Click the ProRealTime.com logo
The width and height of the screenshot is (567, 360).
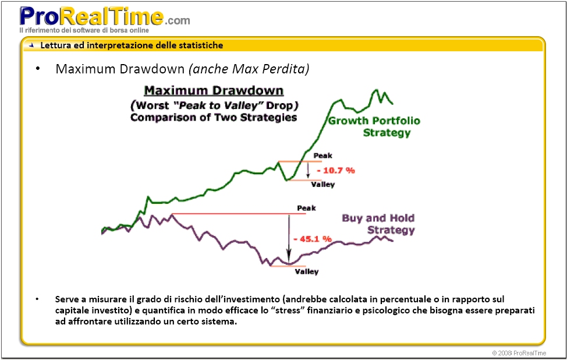coord(105,16)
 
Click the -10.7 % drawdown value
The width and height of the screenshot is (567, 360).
coord(336,171)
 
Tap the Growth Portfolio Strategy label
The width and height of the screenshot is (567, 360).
coord(374,126)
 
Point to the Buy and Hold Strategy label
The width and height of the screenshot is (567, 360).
coord(378,224)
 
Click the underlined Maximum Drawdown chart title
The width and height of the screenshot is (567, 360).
coord(214,91)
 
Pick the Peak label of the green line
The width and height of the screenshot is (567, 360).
coord(323,156)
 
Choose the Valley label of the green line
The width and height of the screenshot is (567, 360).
coord(323,185)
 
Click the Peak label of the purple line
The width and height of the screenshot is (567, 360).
coord(306,208)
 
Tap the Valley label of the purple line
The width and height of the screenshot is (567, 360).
coord(307,271)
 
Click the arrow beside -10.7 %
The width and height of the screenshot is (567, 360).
coord(308,170)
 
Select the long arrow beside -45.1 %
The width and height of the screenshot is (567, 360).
coord(288,239)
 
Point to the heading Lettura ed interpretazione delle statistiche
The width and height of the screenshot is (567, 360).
coord(132,45)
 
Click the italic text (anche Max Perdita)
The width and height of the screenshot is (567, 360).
coord(249,69)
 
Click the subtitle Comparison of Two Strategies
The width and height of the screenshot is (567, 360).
coord(214,117)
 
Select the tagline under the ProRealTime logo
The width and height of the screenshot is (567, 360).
coord(84,30)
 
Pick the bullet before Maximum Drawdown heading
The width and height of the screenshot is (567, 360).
coord(38,69)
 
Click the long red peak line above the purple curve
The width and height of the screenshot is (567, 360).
coord(239,214)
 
